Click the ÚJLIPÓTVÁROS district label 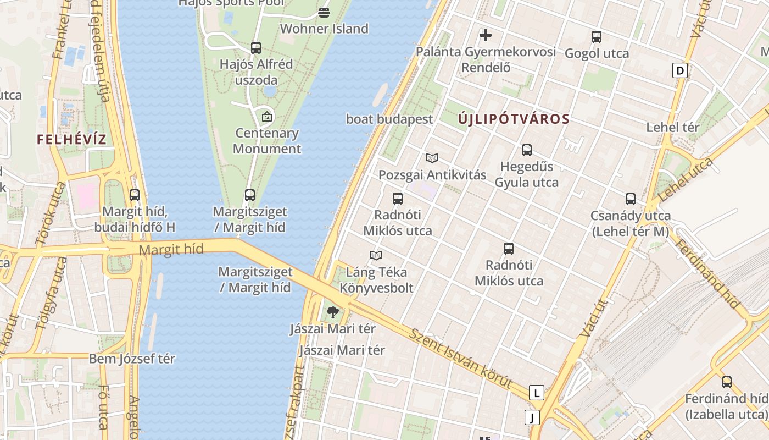[x=514, y=119]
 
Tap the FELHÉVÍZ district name [x=71, y=139]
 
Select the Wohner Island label [x=324, y=29]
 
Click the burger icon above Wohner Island [x=324, y=12]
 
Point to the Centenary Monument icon [x=267, y=117]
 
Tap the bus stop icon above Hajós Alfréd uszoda [x=256, y=48]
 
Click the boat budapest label [x=389, y=119]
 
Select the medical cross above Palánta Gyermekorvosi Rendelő [x=486, y=36]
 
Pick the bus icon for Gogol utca [x=597, y=37]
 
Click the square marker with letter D [x=680, y=70]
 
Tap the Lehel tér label [x=672, y=127]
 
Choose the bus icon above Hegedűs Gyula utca [x=527, y=150]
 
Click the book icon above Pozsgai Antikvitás [x=432, y=158]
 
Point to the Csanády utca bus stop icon [x=630, y=199]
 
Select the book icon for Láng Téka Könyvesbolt [x=376, y=255]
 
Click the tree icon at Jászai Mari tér [x=332, y=313]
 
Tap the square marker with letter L [x=536, y=393]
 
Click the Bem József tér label [x=132, y=359]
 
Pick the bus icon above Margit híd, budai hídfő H [x=135, y=195]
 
